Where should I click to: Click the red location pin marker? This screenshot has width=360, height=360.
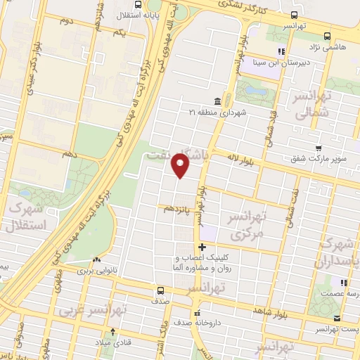coord(181,167)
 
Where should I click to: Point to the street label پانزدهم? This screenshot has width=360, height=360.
coord(178,209)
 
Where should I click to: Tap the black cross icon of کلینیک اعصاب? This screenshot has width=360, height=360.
coord(202,247)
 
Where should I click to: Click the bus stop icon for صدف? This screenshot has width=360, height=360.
coord(161,290)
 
